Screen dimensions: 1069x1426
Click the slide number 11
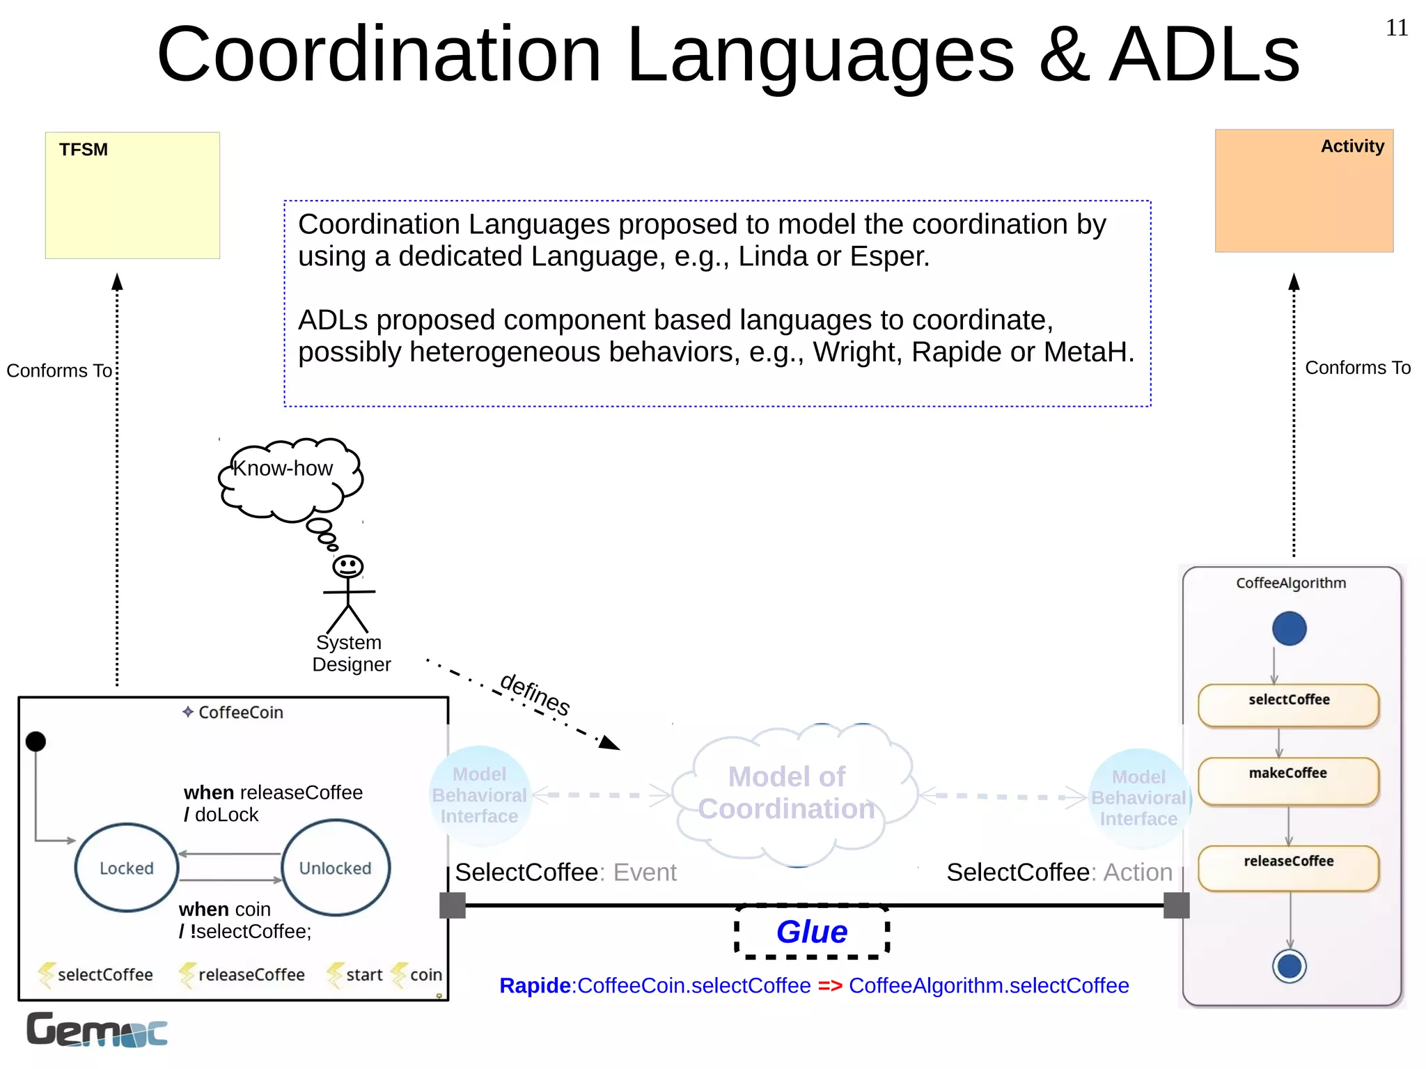pyautogui.click(x=1396, y=28)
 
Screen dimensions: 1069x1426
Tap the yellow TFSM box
pyautogui.click(x=132, y=196)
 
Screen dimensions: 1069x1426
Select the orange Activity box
pyautogui.click(x=1303, y=191)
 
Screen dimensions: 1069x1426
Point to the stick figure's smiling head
pyautogui.click(x=347, y=566)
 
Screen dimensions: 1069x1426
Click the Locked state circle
pyautogui.click(x=127, y=868)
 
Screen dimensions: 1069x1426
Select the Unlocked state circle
pyautogui.click(x=336, y=868)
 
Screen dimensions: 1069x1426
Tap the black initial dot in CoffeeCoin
pyautogui.click(x=36, y=742)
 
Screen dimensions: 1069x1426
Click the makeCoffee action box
pyautogui.click(x=1288, y=781)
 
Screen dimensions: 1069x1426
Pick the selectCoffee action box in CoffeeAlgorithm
pyautogui.click(x=1288, y=705)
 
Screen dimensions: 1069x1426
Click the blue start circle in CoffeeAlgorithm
pyautogui.click(x=1289, y=628)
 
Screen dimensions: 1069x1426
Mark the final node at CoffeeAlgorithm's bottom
pyautogui.click(x=1289, y=967)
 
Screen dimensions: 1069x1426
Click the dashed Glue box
pyautogui.click(x=812, y=932)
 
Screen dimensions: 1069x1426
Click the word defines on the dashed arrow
pyautogui.click(x=535, y=694)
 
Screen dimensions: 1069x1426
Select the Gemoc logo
pyautogui.click(x=97, y=1030)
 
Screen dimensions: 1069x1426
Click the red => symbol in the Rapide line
pyautogui.click(x=829, y=985)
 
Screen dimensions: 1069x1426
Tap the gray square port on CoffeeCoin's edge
pyautogui.click(x=453, y=905)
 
